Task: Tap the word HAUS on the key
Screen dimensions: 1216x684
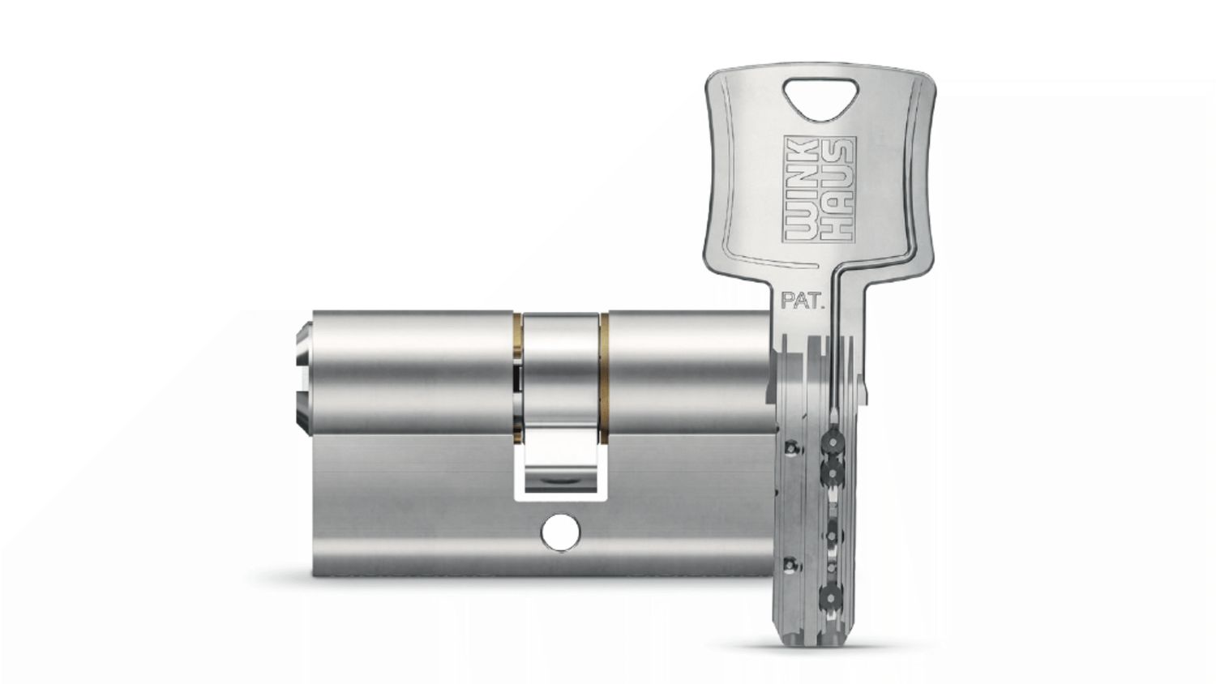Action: point(836,190)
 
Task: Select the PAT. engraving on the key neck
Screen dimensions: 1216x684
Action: point(803,301)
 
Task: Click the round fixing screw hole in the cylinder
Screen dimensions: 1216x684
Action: point(561,532)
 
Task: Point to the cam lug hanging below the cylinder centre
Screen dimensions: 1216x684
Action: point(561,460)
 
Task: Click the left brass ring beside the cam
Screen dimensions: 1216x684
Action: point(518,378)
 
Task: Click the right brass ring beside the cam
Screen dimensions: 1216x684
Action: point(604,378)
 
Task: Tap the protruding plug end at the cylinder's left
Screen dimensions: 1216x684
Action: point(305,378)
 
